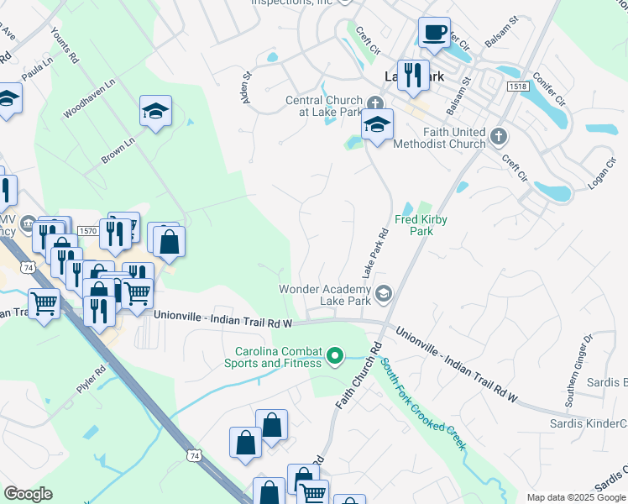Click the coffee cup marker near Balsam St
point(434,34)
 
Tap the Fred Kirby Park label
point(421,225)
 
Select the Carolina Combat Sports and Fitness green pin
point(336,357)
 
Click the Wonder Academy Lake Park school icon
point(384,292)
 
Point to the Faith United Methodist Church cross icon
point(498,135)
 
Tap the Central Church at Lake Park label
point(324,106)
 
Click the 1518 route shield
point(517,87)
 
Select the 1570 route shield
point(87,229)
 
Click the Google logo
point(28,494)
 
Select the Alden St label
point(246,87)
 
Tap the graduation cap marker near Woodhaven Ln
point(155,112)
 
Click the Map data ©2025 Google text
point(574,497)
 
